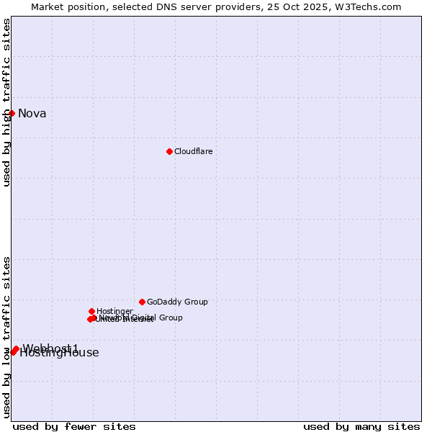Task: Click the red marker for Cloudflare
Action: (169, 151)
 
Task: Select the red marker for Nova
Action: (12, 113)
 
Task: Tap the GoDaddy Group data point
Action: (142, 302)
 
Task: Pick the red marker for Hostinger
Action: (91, 311)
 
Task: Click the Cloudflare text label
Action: (193, 151)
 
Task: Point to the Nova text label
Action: (32, 113)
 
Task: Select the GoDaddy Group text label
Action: (177, 302)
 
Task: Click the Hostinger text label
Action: (114, 311)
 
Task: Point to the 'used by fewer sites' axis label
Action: (74, 426)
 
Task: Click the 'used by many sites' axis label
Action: (361, 426)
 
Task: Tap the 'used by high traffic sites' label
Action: (6, 102)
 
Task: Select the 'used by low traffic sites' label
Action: (6, 336)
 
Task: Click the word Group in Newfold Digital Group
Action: (170, 318)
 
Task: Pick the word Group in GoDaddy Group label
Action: (195, 302)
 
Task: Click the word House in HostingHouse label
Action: (83, 353)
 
